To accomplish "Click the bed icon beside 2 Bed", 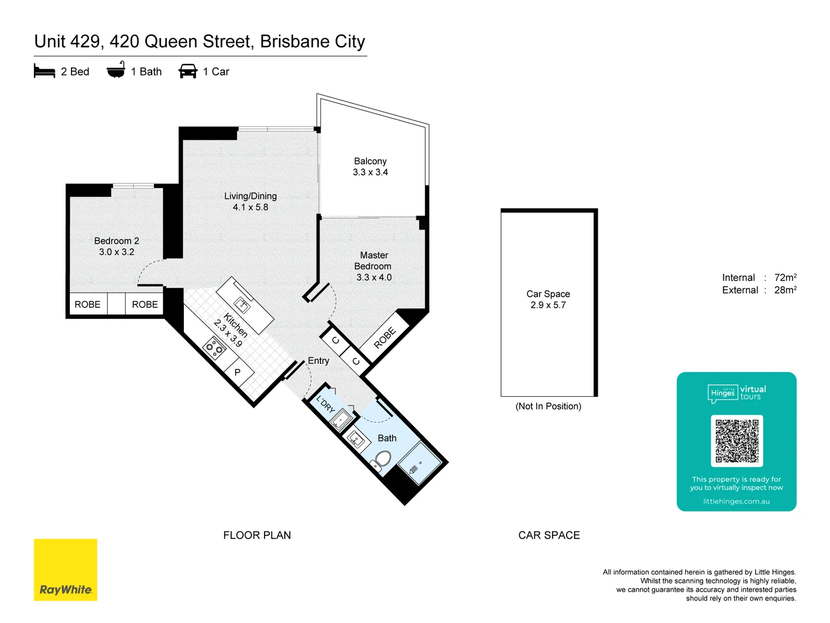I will (x=44, y=71).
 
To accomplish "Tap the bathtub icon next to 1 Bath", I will (x=116, y=70).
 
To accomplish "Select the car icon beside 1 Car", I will (x=188, y=71).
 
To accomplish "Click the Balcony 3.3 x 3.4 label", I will (x=370, y=167).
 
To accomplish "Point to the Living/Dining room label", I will (x=250, y=201).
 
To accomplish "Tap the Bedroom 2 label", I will (x=116, y=246).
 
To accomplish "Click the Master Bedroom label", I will (x=373, y=266).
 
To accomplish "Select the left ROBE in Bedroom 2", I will (x=88, y=304).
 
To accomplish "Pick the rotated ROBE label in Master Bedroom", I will (x=384, y=337).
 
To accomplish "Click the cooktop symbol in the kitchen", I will (x=215, y=348).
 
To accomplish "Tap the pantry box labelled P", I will (x=237, y=373).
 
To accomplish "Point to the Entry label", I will (x=318, y=361).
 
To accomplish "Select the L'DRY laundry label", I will (x=326, y=404).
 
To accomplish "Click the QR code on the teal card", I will (x=737, y=441).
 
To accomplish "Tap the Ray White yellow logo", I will (x=65, y=570).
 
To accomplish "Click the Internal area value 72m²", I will (x=785, y=277).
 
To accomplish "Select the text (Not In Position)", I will (x=548, y=406).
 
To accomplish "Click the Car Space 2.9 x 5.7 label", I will (x=548, y=299).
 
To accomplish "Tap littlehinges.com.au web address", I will (x=736, y=501).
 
